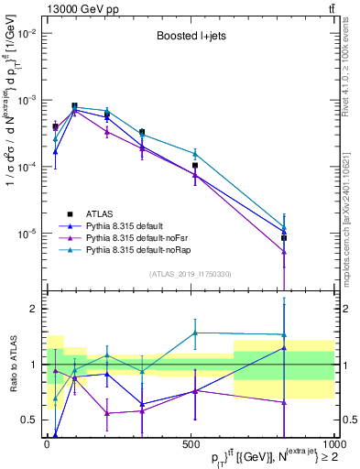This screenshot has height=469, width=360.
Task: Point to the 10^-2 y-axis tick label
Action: tap(27, 33)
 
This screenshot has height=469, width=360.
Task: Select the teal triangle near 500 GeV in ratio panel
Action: tap(195, 333)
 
